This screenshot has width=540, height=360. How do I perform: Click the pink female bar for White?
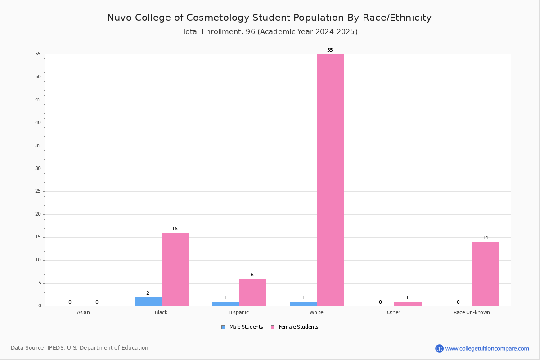pyautogui.click(x=330, y=180)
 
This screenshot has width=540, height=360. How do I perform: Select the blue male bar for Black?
pyautogui.click(x=148, y=301)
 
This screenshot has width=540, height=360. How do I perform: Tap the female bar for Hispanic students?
pyautogui.click(x=252, y=292)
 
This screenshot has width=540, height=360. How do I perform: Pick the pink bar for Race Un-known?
pyautogui.click(x=486, y=274)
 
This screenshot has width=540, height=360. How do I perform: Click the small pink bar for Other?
pyautogui.click(x=408, y=304)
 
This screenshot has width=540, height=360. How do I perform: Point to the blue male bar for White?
pyautogui.click(x=303, y=304)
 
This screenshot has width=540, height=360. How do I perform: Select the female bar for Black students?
pyautogui.click(x=175, y=270)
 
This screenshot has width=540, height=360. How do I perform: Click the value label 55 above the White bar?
pyautogui.click(x=330, y=50)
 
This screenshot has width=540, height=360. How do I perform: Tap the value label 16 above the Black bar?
pyautogui.click(x=175, y=229)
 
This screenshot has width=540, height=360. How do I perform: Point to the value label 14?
pyautogui.click(x=485, y=238)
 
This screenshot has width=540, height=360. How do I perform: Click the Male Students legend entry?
pyautogui.click(x=242, y=327)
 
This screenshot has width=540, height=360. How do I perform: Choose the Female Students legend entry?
pyautogui.click(x=295, y=327)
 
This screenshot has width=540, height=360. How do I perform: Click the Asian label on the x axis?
pyautogui.click(x=83, y=312)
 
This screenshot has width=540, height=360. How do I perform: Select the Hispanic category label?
pyautogui.click(x=238, y=312)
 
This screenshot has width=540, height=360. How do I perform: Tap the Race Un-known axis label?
pyautogui.click(x=472, y=312)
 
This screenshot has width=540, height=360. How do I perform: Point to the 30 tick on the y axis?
pyautogui.click(x=38, y=169)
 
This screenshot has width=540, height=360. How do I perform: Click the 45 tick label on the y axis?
pyautogui.click(x=38, y=100)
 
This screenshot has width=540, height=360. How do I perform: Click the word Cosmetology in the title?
pyautogui.click(x=218, y=18)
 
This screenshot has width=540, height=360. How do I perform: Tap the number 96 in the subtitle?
pyautogui.click(x=250, y=32)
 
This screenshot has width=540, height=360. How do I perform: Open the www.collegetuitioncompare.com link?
pyautogui.click(x=487, y=348)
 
